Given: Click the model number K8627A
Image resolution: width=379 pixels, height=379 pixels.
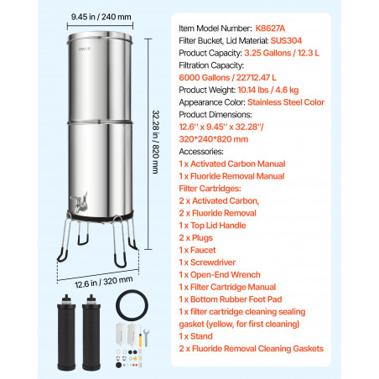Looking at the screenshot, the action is pyautogui.click(x=270, y=29).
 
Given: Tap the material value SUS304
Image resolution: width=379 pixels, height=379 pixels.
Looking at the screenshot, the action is pyautogui.click(x=286, y=40).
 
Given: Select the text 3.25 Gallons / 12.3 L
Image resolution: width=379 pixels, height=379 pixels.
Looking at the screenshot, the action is pyautogui.click(x=282, y=53).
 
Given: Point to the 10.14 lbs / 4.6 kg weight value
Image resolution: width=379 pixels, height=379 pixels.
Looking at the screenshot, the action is pyautogui.click(x=268, y=90).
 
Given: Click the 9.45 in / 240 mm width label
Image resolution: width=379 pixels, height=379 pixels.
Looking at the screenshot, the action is pyautogui.click(x=101, y=17).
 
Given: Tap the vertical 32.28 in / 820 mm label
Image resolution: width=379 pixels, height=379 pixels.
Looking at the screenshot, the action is pyautogui.click(x=156, y=142).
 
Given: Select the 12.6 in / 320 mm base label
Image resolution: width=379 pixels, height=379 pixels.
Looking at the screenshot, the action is pyautogui.click(x=104, y=282).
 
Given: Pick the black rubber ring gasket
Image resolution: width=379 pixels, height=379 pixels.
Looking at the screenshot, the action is pyautogui.click(x=132, y=305).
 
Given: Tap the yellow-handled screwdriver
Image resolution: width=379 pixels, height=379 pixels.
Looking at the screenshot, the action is pyautogui.click(x=141, y=335).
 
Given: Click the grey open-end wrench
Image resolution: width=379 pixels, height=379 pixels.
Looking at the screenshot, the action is pyautogui.click(x=146, y=337).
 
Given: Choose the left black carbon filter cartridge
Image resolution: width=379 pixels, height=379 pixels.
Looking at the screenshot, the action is pyautogui.click(x=66, y=332).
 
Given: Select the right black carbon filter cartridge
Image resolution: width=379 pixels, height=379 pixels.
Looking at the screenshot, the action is pyautogui.click(x=91, y=332).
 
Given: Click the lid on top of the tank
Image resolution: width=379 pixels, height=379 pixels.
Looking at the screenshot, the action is pyautogui.click(x=100, y=38).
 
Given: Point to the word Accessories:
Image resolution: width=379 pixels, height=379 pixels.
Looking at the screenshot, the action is pyautogui.click(x=201, y=152).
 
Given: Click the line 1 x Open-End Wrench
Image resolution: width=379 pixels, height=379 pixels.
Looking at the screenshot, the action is pyautogui.click(x=220, y=275).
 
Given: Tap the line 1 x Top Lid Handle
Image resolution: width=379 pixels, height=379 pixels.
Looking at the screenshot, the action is pyautogui.click(x=212, y=226).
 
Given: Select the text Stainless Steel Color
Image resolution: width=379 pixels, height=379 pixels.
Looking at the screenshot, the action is pyautogui.click(x=286, y=102).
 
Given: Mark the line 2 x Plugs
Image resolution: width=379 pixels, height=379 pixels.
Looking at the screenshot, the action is pyautogui.click(x=196, y=238).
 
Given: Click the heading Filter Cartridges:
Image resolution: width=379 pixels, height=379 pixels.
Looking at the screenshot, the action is pyautogui.click(x=210, y=189).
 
